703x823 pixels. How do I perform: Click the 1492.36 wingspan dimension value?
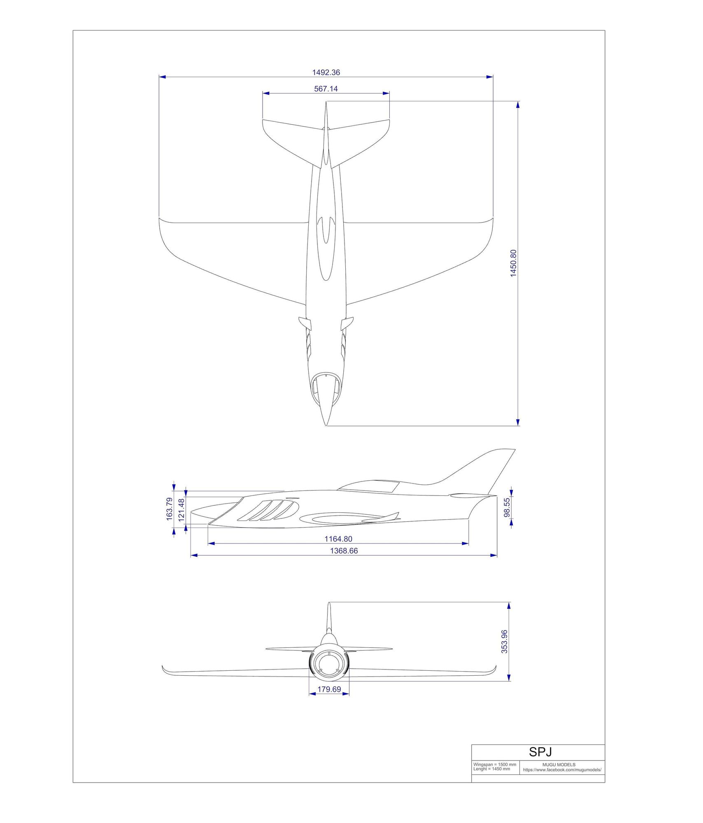pyautogui.click(x=326, y=72)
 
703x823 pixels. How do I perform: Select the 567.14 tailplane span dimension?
pyautogui.click(x=326, y=88)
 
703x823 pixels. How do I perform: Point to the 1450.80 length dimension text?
pyautogui.click(x=513, y=263)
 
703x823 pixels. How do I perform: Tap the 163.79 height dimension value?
pyautogui.click(x=169, y=509)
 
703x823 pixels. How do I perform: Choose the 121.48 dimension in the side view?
pyautogui.click(x=182, y=510)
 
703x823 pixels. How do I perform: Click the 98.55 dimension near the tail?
pyautogui.click(x=507, y=507)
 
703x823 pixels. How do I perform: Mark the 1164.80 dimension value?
pyautogui.click(x=338, y=539)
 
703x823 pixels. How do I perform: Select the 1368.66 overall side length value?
pyautogui.click(x=344, y=551)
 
